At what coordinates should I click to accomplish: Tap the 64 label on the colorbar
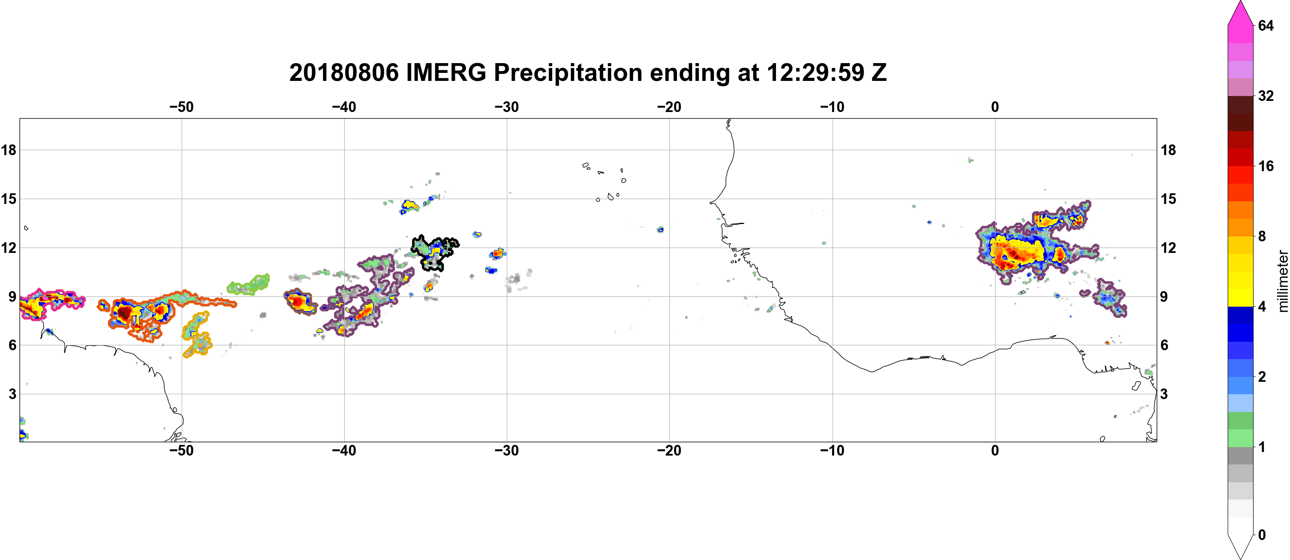point(1266,25)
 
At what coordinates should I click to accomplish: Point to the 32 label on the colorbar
point(1266,96)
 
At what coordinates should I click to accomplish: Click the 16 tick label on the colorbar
point(1266,166)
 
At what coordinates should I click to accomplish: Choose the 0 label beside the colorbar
point(1262,535)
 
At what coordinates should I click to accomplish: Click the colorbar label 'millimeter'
point(1282,281)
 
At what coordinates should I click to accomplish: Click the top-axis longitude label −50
point(181,107)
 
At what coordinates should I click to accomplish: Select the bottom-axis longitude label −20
point(669,451)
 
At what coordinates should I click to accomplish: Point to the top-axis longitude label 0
point(995,107)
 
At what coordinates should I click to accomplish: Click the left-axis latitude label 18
point(9,150)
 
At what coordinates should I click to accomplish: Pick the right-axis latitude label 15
point(1168,199)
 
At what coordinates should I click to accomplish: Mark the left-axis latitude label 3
point(12,394)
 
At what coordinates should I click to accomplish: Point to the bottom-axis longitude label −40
point(344,451)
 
